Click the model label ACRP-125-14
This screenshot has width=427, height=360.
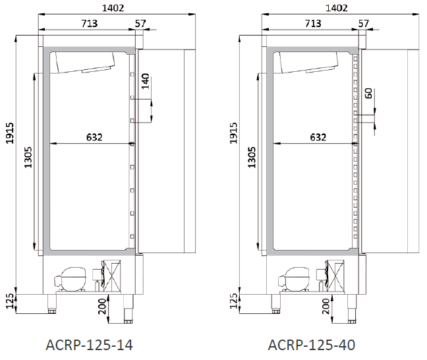pos(89,345)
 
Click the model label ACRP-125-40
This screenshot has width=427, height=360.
pos(312,345)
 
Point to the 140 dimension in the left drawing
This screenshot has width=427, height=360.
pos(146,81)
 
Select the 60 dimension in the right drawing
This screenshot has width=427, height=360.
pos(368,94)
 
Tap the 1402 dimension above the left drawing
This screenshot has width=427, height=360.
pos(113,8)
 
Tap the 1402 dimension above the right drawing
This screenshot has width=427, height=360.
pos(337,8)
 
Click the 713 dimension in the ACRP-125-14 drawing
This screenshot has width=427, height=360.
pos(90,24)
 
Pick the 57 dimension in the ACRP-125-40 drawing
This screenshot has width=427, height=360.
pos(364,24)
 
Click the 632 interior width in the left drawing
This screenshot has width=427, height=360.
pos(94,137)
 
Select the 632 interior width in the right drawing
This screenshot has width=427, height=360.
pos(318,137)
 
